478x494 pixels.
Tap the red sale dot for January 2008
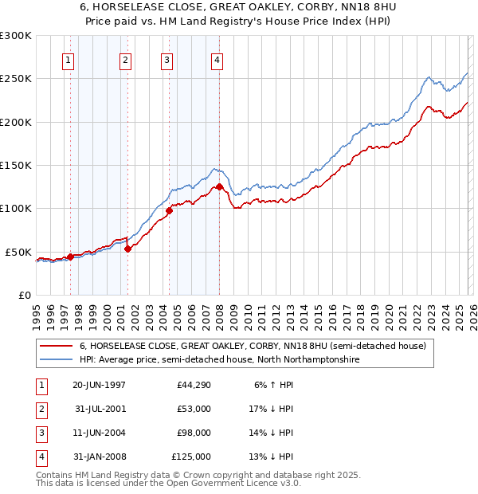pyautogui.click(x=219, y=187)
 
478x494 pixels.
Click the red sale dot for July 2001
pyautogui.click(x=127, y=249)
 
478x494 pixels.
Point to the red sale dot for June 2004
pyautogui.click(x=169, y=210)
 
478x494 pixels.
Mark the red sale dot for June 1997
pyautogui.click(x=70, y=257)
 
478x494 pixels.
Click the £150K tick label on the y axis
pyautogui.click(x=16, y=165)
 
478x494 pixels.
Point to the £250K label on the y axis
pyautogui.click(x=16, y=79)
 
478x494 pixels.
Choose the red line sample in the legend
pyautogui.click(x=57, y=347)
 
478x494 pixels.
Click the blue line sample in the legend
pyautogui.click(x=57, y=360)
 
